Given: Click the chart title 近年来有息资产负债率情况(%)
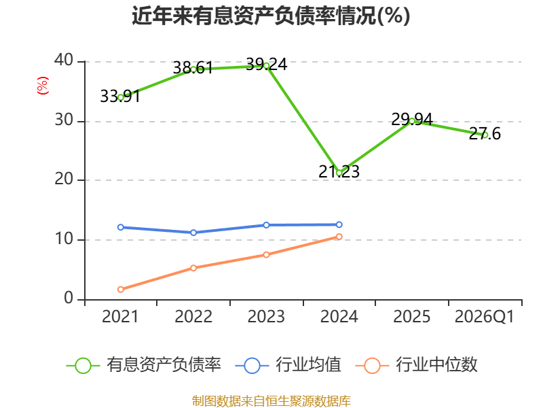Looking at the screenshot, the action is click(271, 16).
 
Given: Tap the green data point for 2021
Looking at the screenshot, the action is click(121, 98).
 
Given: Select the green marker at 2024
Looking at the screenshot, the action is click(339, 173).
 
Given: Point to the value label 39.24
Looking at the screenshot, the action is click(266, 65).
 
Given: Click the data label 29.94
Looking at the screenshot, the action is click(412, 120).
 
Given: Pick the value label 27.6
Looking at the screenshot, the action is click(485, 134).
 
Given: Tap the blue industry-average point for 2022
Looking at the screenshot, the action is click(193, 233).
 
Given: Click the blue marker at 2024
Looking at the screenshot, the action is click(339, 224).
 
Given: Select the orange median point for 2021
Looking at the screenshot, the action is click(121, 290).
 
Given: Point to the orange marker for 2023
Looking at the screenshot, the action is click(266, 254).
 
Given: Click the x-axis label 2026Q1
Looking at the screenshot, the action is click(485, 316).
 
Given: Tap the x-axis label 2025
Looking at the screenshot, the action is click(412, 316).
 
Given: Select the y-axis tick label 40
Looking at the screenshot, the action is click(64, 60).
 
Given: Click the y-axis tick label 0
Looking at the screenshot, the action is click(69, 298).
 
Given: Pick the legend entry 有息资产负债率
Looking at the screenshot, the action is click(144, 365).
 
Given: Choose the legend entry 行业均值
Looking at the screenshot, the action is click(288, 365).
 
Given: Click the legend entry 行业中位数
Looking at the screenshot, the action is click(417, 365).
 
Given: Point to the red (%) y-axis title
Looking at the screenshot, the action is click(43, 86).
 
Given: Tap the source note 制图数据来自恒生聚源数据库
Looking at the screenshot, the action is click(271, 401).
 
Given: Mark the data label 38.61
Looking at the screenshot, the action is click(193, 67).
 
